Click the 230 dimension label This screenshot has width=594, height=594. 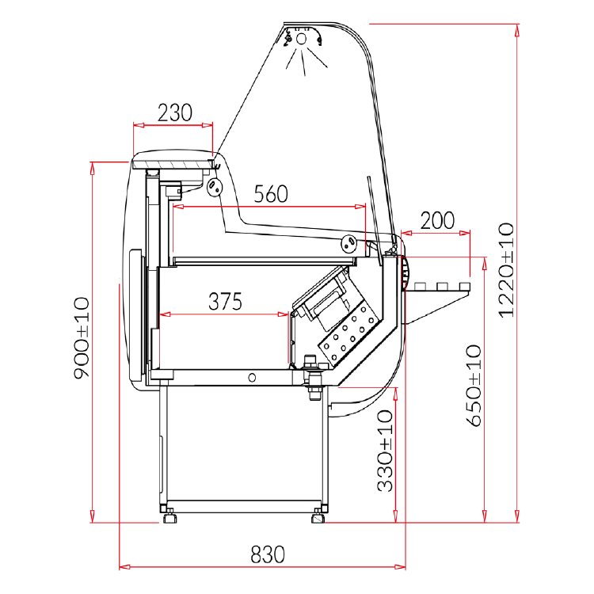click(175, 112)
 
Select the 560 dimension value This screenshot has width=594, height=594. click(271, 193)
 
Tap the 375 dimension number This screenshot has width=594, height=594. click(225, 301)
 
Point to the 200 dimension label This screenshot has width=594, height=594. click(437, 220)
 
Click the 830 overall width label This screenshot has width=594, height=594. click(267, 554)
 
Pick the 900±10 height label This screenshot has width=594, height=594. click(82, 338)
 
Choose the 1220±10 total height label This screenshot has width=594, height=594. click(506, 270)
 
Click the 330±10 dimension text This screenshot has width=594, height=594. click(385, 451)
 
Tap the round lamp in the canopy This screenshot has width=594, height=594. click(301, 39)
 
